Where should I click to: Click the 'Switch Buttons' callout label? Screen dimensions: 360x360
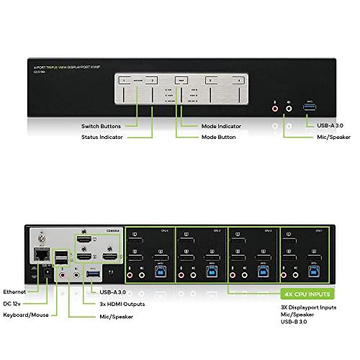[x=102, y=127]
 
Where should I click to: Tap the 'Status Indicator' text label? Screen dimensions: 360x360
[x=101, y=137]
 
